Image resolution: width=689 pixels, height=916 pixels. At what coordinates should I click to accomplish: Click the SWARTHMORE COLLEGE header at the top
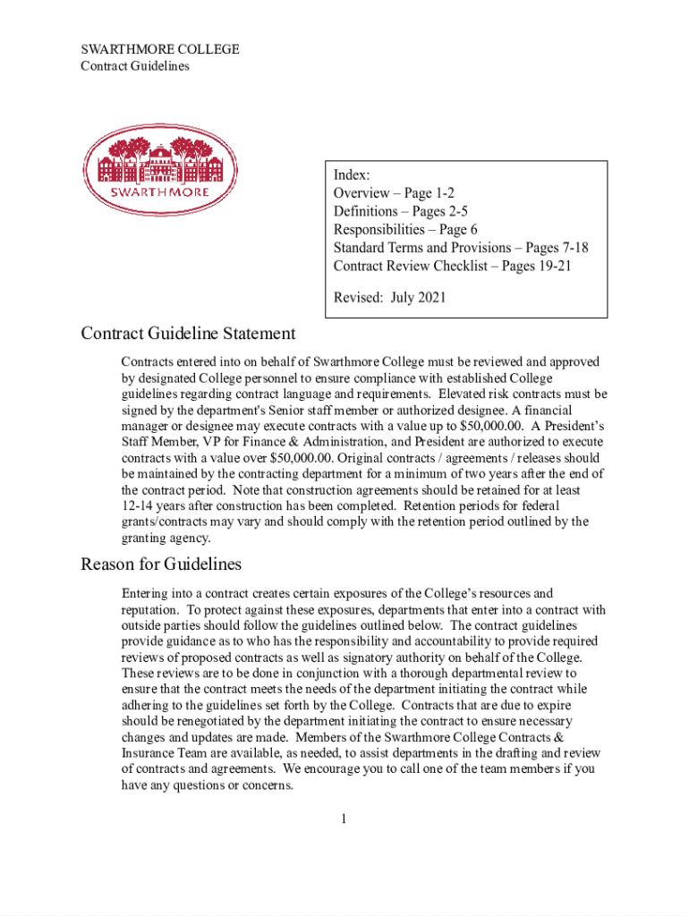click(x=160, y=49)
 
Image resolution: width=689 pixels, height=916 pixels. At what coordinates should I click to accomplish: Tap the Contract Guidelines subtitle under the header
click(x=135, y=66)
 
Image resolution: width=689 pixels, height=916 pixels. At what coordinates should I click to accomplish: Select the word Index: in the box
click(x=352, y=174)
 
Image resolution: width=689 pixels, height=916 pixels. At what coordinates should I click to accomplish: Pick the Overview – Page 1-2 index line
click(x=395, y=193)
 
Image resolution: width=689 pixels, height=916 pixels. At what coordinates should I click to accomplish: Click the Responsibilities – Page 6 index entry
click(x=405, y=230)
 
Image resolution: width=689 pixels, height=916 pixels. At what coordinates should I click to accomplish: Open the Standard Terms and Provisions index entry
click(x=460, y=248)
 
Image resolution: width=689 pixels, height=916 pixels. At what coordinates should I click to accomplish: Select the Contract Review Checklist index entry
click(x=452, y=266)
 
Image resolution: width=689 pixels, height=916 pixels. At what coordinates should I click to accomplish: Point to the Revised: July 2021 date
click(x=389, y=297)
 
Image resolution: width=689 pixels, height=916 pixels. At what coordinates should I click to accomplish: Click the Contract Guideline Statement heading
click(x=188, y=334)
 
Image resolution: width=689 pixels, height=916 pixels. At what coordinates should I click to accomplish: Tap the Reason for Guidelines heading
click(x=161, y=564)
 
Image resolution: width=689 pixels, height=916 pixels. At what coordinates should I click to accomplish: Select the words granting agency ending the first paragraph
click(x=166, y=539)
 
